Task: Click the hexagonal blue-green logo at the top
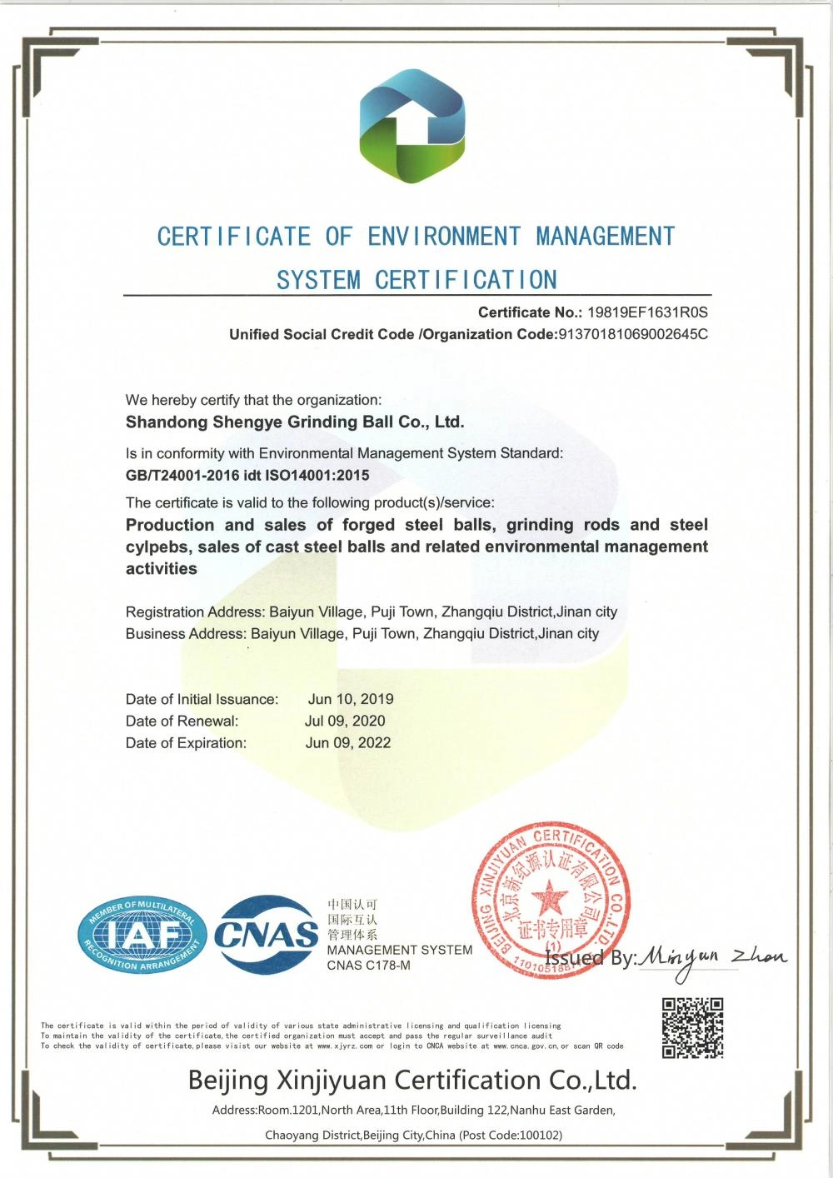(412, 126)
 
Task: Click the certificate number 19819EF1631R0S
(647, 312)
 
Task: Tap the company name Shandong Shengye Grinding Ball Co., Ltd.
(295, 422)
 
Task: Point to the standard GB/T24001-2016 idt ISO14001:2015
(247, 476)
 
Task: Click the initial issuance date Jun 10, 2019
(351, 699)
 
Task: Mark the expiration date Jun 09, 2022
(348, 742)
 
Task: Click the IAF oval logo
(142, 936)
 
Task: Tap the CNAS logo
(267, 935)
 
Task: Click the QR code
(692, 1028)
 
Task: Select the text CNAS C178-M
(368, 966)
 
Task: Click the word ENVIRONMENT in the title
(444, 237)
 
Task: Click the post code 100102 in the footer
(539, 1135)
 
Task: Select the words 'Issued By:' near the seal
(591, 958)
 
